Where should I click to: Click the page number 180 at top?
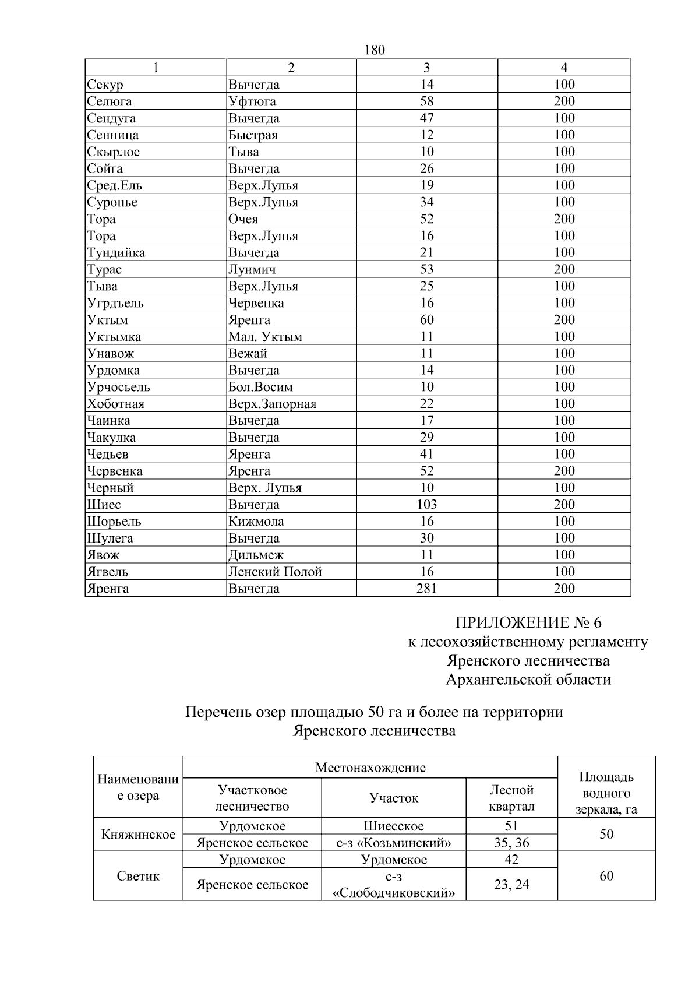click(374, 50)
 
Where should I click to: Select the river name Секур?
click(105, 85)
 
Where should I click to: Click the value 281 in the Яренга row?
click(426, 589)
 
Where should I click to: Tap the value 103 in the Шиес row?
click(426, 505)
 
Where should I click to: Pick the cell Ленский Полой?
click(275, 572)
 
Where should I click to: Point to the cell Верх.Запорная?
click(272, 404)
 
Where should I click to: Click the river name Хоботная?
click(116, 404)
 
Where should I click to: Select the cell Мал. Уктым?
click(265, 337)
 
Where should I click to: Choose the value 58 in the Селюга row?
click(426, 101)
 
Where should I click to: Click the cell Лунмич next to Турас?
click(252, 269)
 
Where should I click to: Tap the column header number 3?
click(426, 68)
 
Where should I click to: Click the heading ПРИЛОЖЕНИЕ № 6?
click(528, 622)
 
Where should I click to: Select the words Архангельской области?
click(528, 680)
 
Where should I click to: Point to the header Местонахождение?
click(370, 768)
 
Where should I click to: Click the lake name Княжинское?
click(138, 835)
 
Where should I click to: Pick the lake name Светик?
click(138, 876)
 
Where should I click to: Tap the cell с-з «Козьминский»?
click(394, 843)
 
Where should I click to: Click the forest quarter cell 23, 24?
click(511, 885)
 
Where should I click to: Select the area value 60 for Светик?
click(606, 876)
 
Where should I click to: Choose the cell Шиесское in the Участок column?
click(394, 826)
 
